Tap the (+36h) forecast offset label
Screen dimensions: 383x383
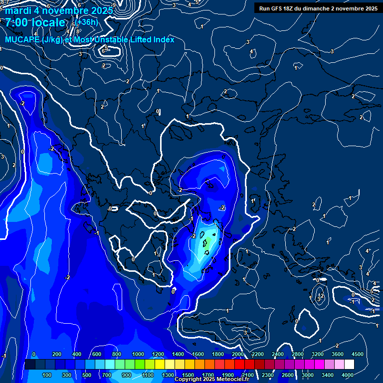point(87,22)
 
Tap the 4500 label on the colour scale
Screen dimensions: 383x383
point(357,354)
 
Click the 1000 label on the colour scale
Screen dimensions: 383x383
point(137,354)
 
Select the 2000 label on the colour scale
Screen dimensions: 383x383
point(237,354)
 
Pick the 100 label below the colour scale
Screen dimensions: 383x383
point(47,375)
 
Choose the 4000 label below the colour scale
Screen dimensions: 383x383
point(348,375)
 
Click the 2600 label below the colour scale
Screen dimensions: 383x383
point(287,375)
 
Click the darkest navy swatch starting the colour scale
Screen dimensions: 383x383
point(29,365)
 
